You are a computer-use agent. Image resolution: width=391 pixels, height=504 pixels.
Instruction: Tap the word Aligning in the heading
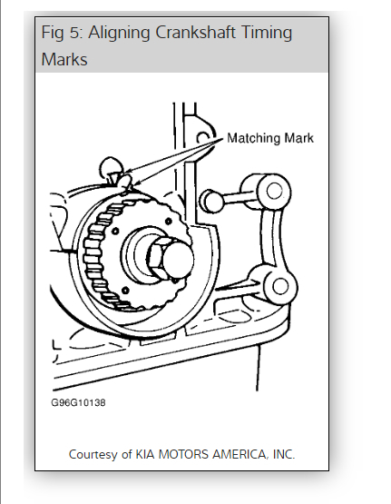119,34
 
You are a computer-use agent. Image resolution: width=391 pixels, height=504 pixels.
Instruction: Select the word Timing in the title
267,34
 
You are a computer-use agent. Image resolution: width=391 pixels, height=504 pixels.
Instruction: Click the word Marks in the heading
64,59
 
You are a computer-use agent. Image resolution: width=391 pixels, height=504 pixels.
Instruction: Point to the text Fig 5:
63,33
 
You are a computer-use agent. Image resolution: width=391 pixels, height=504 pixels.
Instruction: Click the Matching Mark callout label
270,138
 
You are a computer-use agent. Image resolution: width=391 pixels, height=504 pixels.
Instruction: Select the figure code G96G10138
78,403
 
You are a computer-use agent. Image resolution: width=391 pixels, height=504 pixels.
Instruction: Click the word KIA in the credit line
145,454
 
